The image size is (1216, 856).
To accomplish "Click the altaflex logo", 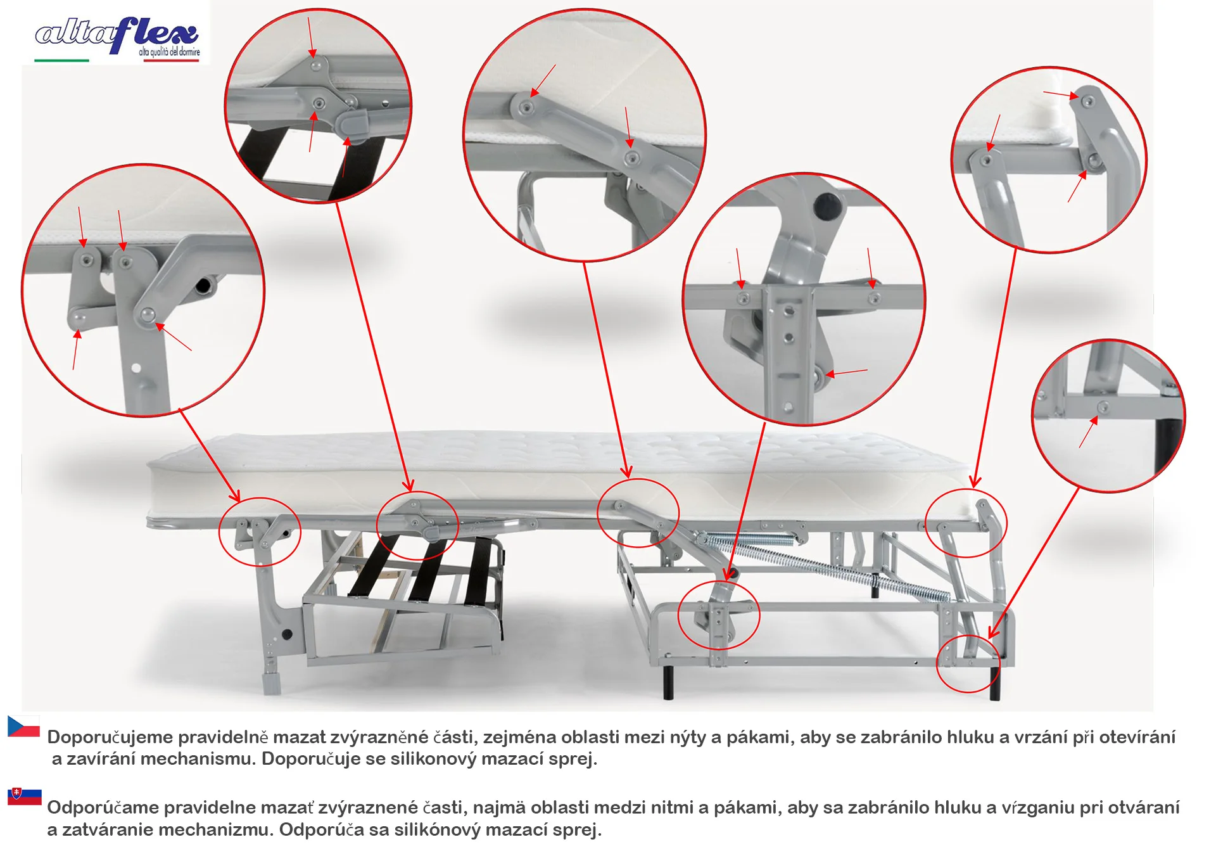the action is [118, 38].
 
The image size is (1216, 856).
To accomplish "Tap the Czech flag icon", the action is [23, 726].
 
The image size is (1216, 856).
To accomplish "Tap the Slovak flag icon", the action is [24, 796].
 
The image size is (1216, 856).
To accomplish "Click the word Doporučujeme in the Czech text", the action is [110, 738].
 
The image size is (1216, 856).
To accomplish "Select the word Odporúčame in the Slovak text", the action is [103, 807].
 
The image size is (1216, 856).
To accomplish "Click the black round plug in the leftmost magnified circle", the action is [203, 286].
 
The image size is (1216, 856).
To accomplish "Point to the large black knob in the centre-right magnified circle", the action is [827, 205].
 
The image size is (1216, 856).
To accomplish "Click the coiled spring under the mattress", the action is [823, 564].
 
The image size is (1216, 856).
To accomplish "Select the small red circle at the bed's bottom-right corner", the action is [968, 663].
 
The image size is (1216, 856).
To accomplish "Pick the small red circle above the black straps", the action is [417, 526].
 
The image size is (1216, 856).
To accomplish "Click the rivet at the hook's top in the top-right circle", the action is [1087, 101].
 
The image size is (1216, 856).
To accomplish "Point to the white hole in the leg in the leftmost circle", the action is [136, 367].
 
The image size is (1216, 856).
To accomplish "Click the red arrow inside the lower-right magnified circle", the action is [1089, 432].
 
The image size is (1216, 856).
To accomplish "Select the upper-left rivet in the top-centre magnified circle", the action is [525, 108].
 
